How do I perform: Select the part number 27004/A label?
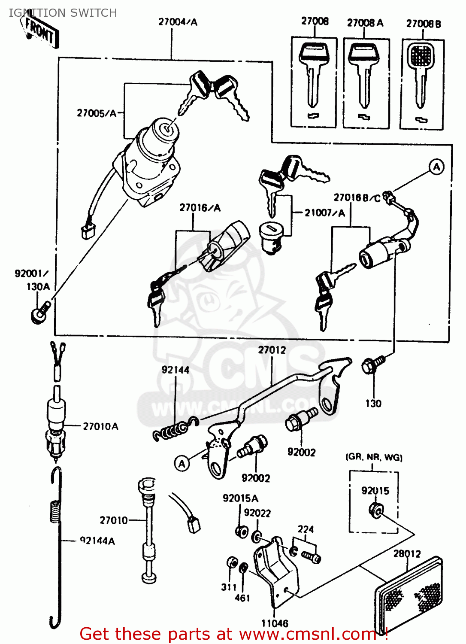click(x=178, y=22)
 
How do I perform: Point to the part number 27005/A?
click(x=97, y=113)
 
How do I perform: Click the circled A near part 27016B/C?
click(x=436, y=167)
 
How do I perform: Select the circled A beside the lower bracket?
click(x=182, y=463)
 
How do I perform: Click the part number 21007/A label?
click(x=324, y=213)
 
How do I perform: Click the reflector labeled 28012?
click(x=408, y=592)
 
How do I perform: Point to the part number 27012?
click(x=272, y=350)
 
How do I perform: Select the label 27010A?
click(x=100, y=426)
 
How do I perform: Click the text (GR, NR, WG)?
click(x=374, y=457)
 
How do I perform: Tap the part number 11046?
click(x=275, y=623)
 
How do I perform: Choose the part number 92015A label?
click(x=240, y=498)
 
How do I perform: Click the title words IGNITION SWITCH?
click(x=63, y=13)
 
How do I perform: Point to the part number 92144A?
click(x=97, y=541)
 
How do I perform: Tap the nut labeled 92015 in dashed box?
click(x=376, y=510)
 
